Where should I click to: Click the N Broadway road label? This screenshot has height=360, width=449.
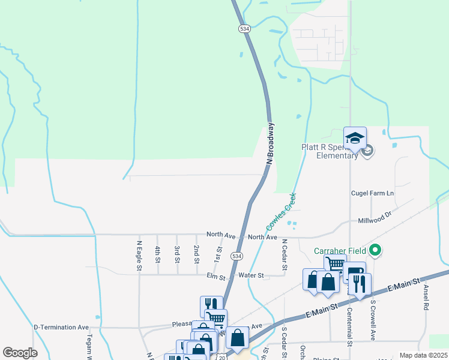271,144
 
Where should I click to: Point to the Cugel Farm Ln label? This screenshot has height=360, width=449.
372,193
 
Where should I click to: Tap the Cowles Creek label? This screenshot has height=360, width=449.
281,212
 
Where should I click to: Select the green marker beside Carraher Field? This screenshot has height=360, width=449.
376,250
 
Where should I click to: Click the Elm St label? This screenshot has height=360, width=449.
215,277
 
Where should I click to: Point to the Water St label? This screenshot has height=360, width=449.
251,275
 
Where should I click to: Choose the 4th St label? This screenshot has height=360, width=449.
158,254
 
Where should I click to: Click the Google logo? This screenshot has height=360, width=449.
20,353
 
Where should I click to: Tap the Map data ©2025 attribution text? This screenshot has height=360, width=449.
423,355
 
